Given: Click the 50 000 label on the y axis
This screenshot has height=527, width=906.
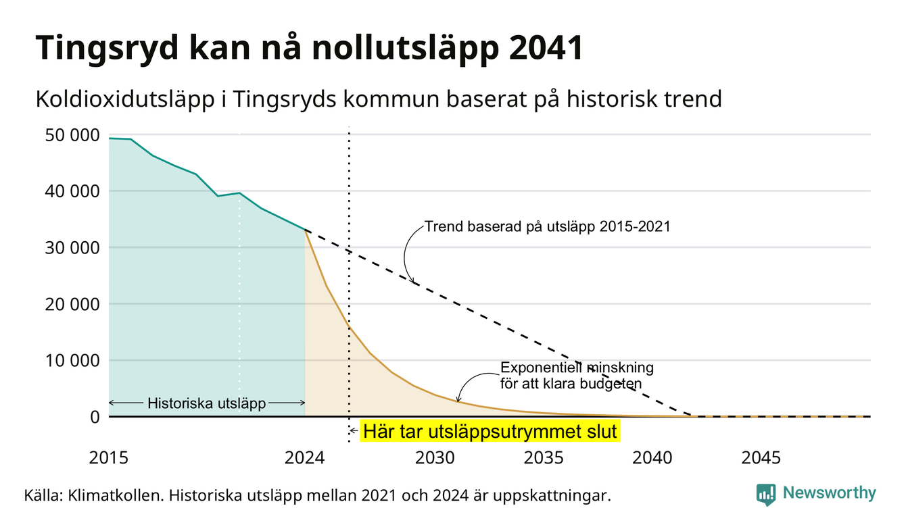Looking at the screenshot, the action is [72, 135].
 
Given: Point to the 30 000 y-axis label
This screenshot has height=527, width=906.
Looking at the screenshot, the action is [72, 248].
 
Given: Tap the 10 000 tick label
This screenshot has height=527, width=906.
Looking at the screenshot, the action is [72, 361].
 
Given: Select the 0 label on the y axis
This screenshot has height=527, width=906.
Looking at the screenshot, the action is [95, 417].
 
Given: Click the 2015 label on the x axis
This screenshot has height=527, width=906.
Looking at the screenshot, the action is [108, 458].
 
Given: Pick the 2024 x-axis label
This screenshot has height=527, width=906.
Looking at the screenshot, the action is [304, 458].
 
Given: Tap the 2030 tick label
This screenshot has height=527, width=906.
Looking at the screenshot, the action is [435, 458].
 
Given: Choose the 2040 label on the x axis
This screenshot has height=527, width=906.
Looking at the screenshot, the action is [652, 458].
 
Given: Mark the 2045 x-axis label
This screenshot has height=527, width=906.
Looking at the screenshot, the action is [761, 458].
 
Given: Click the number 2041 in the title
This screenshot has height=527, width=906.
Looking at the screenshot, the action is [546, 48].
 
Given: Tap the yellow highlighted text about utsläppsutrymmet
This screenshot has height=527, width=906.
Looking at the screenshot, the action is [490, 431].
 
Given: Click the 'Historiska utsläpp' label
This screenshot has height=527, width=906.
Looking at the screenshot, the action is [207, 403].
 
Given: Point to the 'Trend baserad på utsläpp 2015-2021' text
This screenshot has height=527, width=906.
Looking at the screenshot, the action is [547, 227].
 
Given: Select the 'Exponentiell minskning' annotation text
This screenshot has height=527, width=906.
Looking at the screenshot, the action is [577, 368].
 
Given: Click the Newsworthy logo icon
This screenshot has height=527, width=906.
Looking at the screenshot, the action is [766, 495].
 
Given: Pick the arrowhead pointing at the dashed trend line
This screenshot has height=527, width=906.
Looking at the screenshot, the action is [412, 280].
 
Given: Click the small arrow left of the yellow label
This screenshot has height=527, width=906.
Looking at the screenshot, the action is [354, 431].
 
